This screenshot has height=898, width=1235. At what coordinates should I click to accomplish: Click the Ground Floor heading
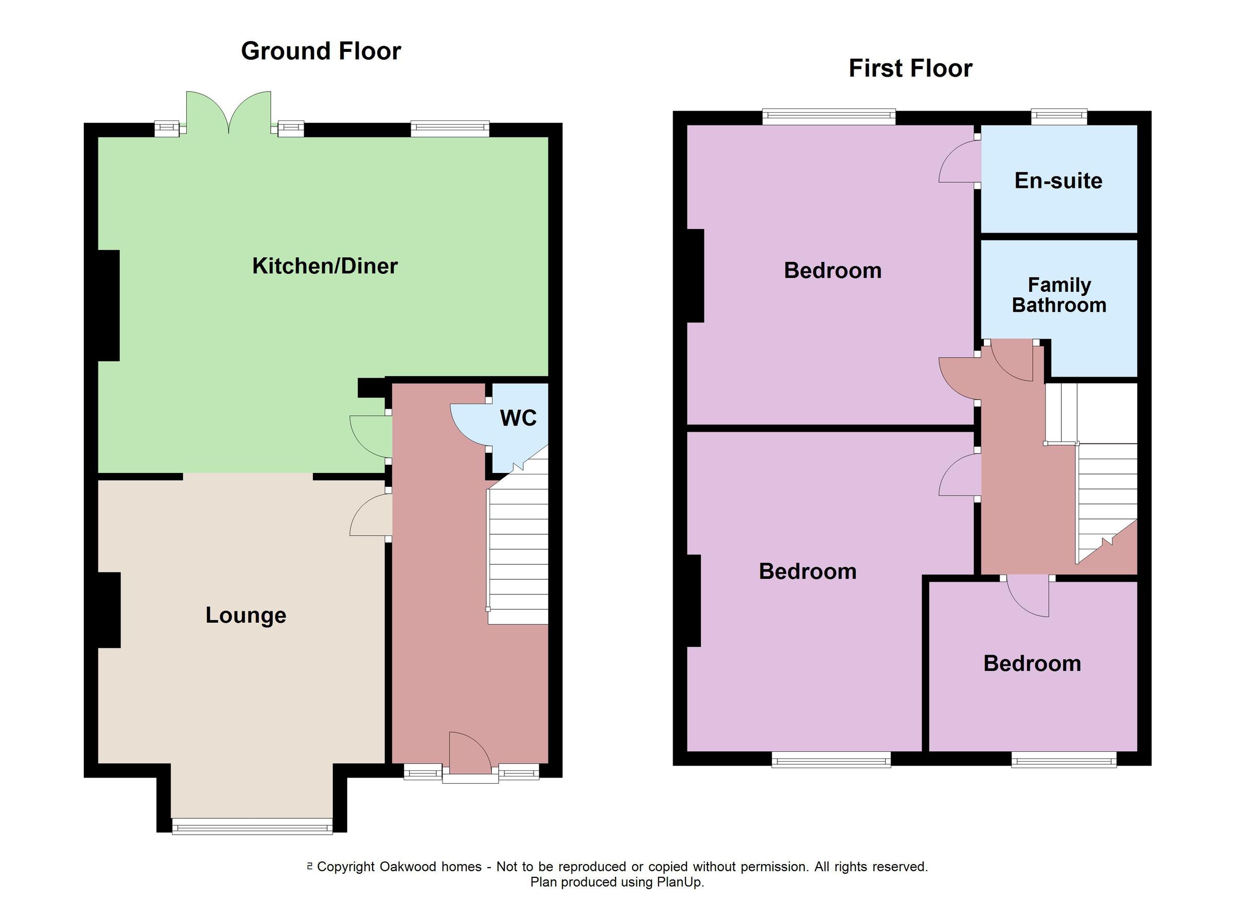click(x=321, y=51)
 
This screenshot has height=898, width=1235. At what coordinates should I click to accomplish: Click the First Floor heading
click(x=910, y=68)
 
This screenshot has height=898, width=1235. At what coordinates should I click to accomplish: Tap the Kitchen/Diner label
click(x=325, y=266)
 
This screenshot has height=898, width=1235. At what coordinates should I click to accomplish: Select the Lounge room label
click(x=245, y=615)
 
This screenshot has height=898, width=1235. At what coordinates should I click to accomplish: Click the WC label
click(x=518, y=418)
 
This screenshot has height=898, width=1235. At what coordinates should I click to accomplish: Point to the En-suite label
click(x=1058, y=181)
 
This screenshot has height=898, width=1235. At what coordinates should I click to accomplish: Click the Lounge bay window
click(x=252, y=826)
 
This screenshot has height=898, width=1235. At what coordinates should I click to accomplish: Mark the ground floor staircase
click(x=518, y=550)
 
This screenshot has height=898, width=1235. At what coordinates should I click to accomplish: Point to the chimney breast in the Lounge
click(x=109, y=610)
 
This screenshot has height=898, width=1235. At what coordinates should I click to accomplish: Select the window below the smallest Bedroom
click(x=1064, y=760)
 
